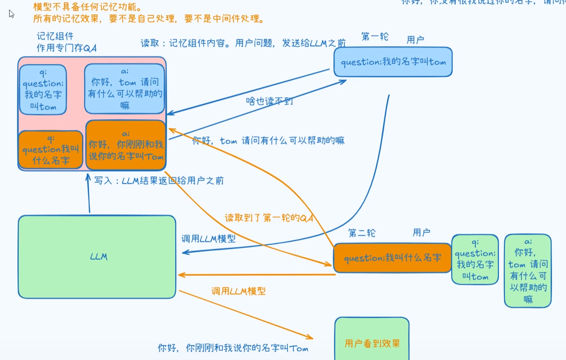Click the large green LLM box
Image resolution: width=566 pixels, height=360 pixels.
(97, 257)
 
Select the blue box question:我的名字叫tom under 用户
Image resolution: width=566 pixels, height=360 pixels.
(393, 62)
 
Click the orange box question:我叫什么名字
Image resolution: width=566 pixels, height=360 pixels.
(392, 258)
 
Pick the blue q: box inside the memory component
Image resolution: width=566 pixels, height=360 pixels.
(43, 89)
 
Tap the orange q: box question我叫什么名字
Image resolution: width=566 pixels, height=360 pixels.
(51, 150)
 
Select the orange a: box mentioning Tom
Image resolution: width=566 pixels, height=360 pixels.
(126, 145)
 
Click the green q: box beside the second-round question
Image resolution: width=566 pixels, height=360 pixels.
(475, 259)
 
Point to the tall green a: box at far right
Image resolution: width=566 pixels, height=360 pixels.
(528, 271)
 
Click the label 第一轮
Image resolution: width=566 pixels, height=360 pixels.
(375, 36)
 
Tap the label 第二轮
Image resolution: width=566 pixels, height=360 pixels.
(361, 233)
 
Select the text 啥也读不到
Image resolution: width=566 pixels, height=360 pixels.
(269, 101)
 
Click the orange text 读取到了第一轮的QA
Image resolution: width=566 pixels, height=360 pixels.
(269, 217)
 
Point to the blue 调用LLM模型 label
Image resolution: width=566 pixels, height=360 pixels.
(208, 239)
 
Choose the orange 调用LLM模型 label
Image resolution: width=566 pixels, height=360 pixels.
(238, 291)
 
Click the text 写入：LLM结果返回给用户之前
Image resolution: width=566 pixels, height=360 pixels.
(159, 180)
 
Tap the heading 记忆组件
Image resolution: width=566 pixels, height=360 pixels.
(55, 36)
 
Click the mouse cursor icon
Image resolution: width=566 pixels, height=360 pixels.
(11, 14)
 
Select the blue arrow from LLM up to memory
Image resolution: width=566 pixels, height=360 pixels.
(89, 194)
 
